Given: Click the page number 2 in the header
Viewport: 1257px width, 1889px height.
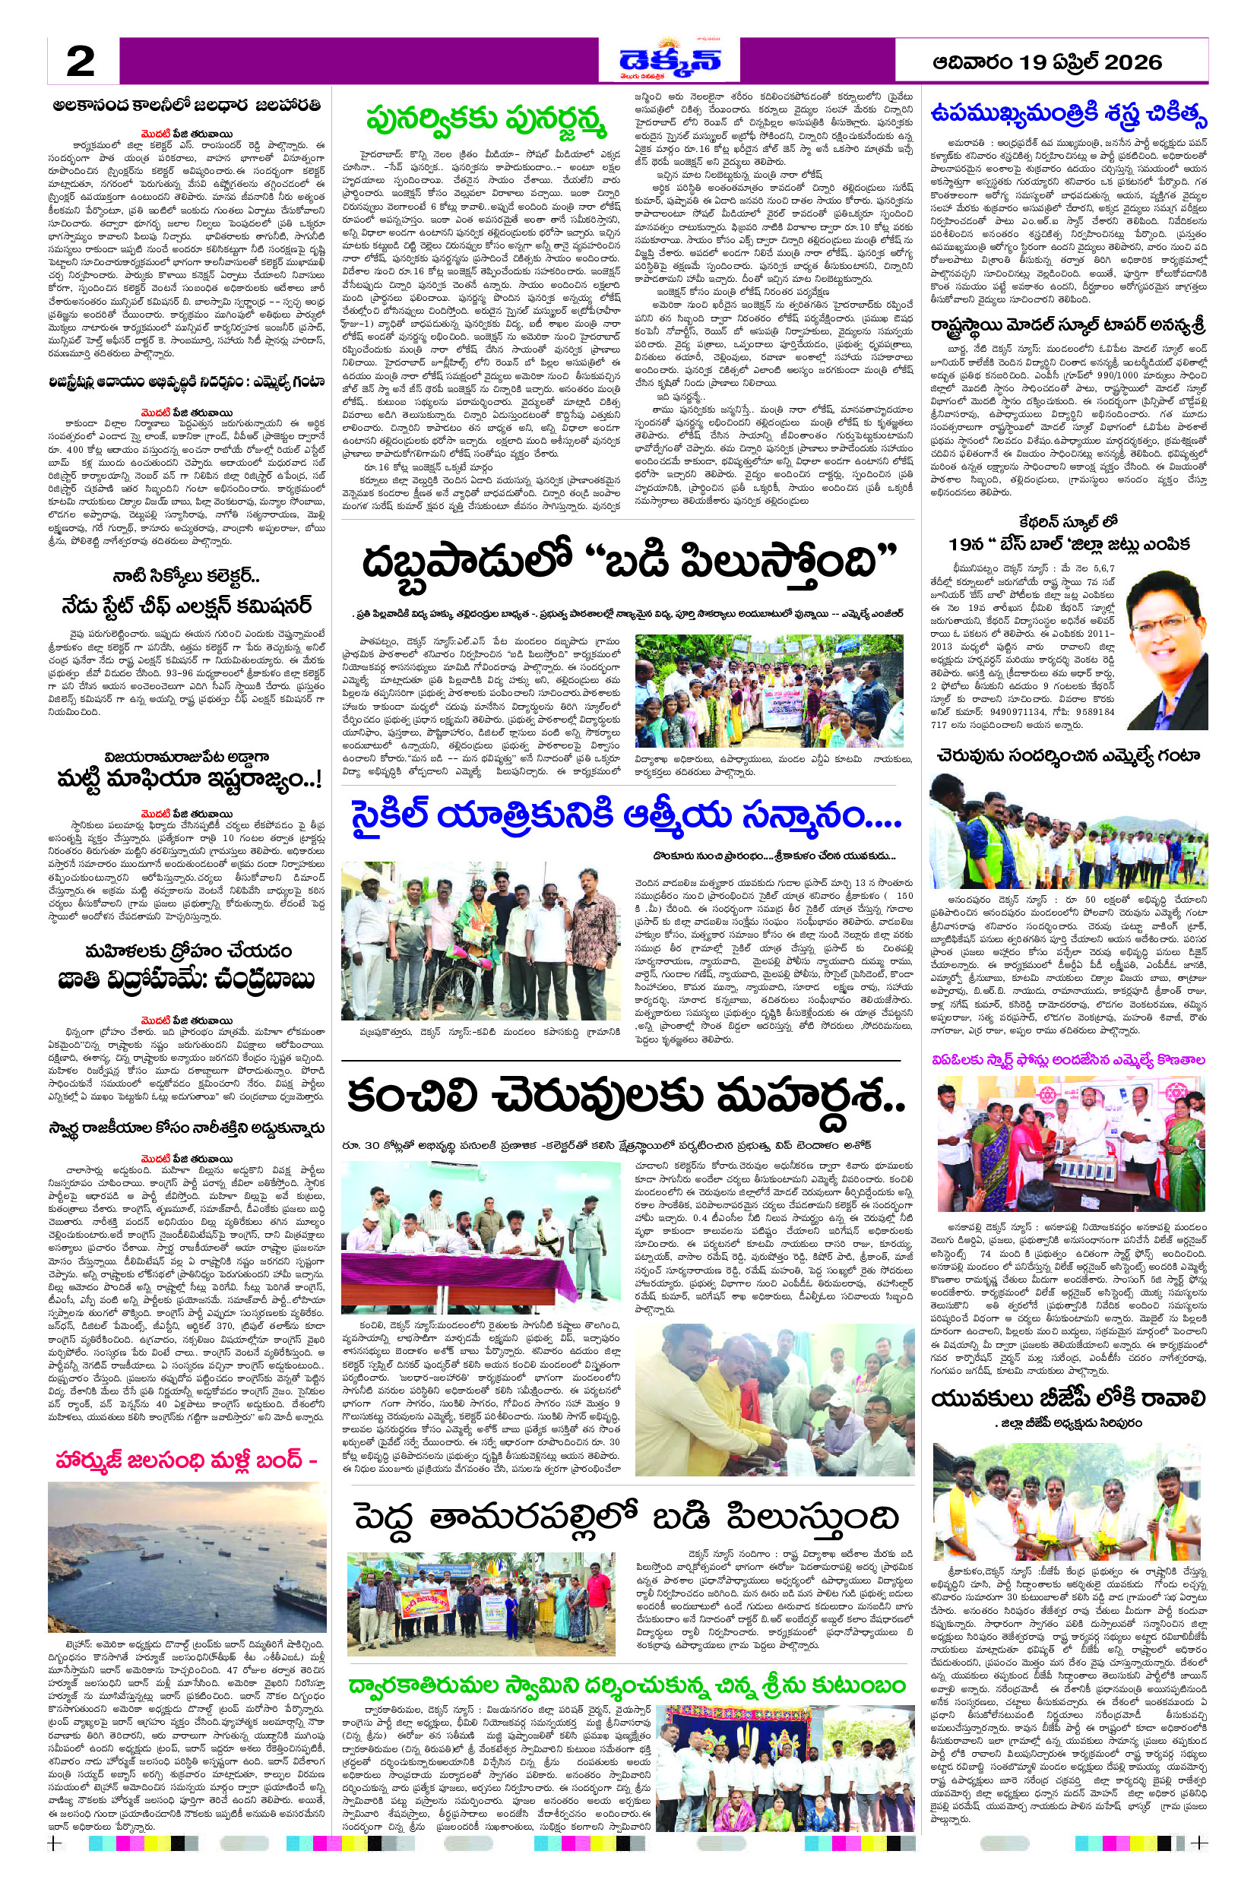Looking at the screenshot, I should tap(80, 62).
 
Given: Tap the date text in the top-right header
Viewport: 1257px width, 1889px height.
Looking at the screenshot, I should tap(1047, 62).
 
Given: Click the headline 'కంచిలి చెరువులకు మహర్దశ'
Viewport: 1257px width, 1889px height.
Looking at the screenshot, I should tap(626, 1095).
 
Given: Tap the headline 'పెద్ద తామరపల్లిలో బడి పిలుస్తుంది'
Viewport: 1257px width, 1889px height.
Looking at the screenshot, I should tap(626, 1517).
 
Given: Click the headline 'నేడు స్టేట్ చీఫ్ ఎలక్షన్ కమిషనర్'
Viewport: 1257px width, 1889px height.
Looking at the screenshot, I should tap(187, 605).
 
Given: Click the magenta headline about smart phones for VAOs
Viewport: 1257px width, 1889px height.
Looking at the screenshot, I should tap(1068, 1059).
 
